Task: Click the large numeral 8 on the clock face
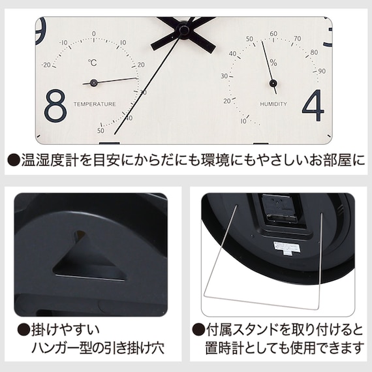point(55,104)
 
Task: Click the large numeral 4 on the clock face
point(313,105)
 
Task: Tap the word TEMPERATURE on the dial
point(95,104)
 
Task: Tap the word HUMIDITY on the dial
point(273,104)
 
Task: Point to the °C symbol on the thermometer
point(93,63)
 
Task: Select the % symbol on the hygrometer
point(273,63)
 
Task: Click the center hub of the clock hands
point(183,30)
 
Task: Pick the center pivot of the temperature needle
point(93,83)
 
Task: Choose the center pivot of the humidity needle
point(273,84)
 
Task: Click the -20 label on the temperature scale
point(46,65)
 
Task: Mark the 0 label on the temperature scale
point(94,34)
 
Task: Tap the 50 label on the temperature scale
point(101,131)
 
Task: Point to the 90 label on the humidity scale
point(322,71)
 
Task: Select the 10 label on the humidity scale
point(243,121)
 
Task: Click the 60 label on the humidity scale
point(273,34)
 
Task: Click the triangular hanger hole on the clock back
point(89,258)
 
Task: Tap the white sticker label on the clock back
point(287,249)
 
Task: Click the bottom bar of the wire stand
point(260,302)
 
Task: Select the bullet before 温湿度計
point(14,160)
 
